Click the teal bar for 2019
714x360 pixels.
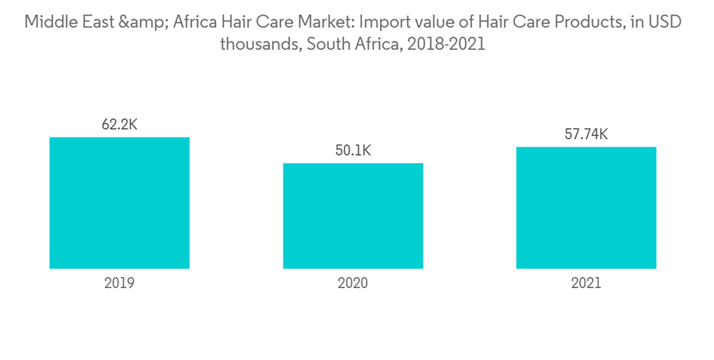(119, 203)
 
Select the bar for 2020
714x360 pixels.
(353, 216)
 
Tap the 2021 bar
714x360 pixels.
(586, 208)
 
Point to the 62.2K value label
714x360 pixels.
(119, 125)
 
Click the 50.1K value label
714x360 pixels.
(353, 151)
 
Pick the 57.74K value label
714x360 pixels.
(586, 134)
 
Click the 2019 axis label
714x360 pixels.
(119, 283)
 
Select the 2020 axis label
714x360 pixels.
(353, 283)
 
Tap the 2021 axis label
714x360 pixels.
(586, 283)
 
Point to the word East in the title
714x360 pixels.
(98, 22)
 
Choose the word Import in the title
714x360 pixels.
(378, 22)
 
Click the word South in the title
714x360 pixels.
(318, 44)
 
